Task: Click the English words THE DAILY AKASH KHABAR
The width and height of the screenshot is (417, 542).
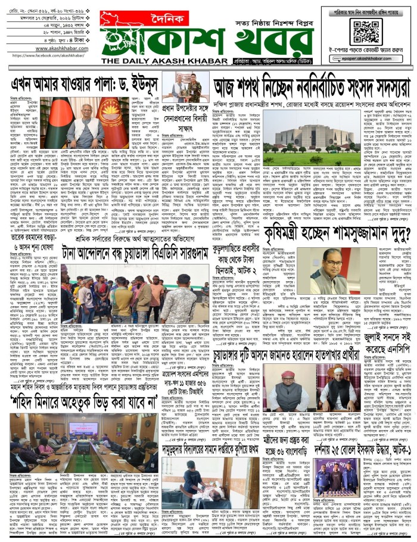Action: pyautogui.click(x=160, y=61)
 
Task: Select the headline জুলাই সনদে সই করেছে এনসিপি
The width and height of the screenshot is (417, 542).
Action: pyautogui.click(x=378, y=326)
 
